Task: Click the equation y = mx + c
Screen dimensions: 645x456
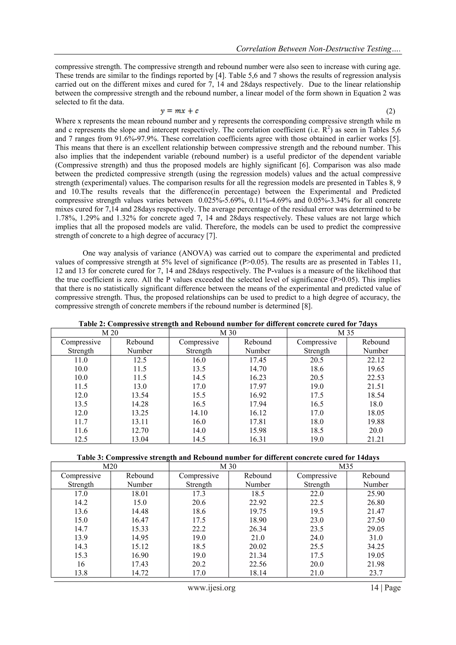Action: click(179, 111)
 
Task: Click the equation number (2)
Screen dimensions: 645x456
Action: click(391, 111)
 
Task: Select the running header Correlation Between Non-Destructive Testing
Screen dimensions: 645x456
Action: click(319, 49)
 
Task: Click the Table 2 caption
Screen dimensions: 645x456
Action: click(228, 324)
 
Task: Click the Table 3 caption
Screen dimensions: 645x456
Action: click(228, 458)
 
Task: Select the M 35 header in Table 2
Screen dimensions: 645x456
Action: click(346, 333)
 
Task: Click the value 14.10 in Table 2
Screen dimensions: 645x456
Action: click(199, 413)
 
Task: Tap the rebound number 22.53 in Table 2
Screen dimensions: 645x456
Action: click(376, 378)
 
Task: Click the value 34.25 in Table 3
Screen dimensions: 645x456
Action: click(376, 547)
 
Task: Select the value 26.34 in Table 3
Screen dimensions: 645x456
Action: click(258, 529)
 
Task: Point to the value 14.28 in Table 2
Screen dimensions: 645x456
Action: click(140, 404)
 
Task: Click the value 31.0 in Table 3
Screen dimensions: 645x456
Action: click(376, 538)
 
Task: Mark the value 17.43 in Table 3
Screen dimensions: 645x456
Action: click(140, 564)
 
